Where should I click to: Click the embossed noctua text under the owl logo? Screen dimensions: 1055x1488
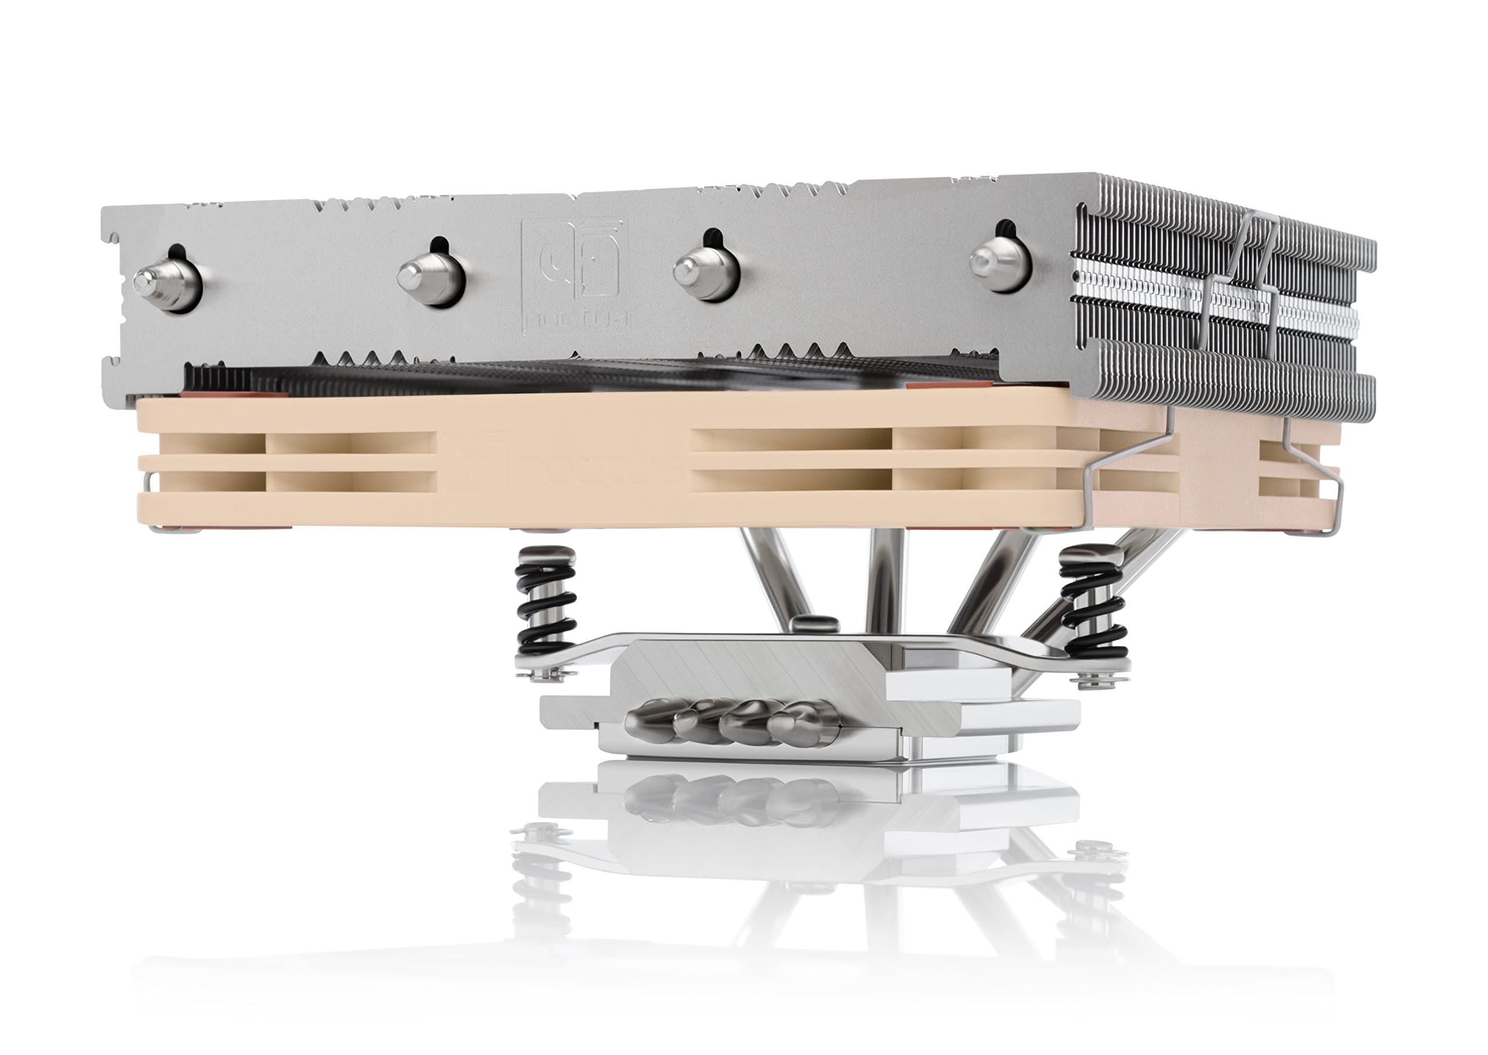click(x=574, y=320)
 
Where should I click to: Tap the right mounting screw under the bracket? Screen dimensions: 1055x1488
click(x=1094, y=682)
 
